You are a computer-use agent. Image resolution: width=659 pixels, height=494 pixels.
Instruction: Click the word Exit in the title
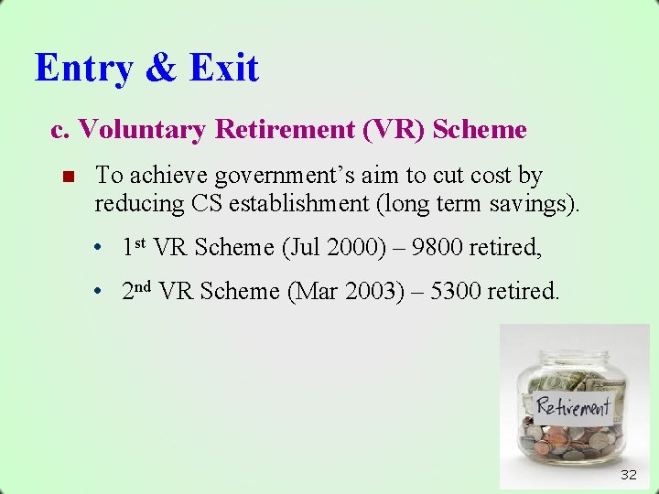224,69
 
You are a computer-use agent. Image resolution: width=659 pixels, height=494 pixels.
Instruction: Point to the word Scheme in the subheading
480,130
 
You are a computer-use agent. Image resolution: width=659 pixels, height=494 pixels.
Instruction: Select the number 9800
438,247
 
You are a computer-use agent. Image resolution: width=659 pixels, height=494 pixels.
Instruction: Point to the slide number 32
628,474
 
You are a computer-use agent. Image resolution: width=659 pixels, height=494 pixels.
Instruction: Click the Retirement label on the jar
573,405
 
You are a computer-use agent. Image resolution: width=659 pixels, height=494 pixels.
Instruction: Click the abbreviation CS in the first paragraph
208,203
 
